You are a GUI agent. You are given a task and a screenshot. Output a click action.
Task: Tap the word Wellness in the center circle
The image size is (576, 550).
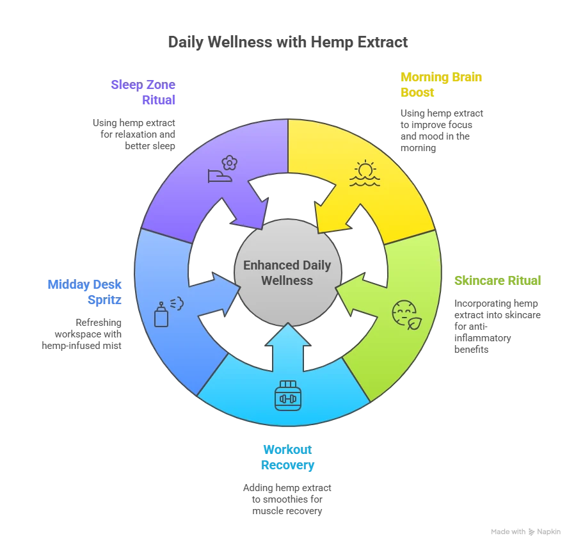287,280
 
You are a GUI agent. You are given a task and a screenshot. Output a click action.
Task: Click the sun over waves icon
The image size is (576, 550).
365,173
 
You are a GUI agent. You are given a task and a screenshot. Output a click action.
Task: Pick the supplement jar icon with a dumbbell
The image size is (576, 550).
287,396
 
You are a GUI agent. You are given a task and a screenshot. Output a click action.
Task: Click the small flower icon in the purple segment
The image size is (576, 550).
230,163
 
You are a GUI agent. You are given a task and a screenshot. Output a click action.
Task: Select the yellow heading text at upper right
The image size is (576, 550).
442,85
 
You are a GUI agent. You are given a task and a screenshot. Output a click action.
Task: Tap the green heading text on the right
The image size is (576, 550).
497,280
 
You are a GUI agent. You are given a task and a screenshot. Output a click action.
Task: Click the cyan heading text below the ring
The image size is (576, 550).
288,457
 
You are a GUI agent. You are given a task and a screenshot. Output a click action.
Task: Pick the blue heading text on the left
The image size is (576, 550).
84,291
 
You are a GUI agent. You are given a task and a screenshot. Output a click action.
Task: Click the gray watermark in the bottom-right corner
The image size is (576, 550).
527,532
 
